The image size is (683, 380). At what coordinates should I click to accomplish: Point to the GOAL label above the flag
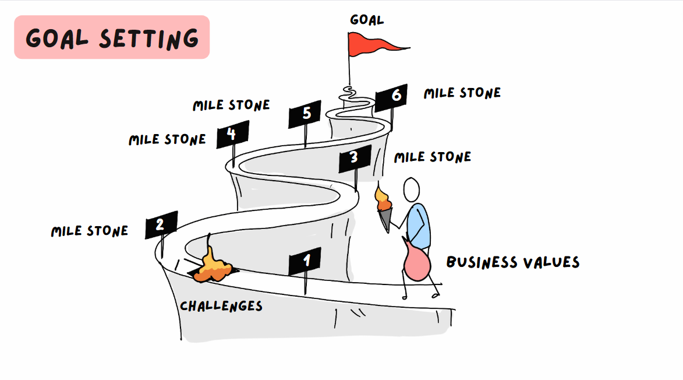(367, 20)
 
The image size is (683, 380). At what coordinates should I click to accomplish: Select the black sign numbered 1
(305, 262)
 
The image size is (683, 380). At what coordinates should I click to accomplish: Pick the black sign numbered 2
(161, 224)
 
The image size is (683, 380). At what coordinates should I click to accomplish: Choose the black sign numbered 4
(232, 135)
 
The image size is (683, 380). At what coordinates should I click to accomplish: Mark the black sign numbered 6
(391, 97)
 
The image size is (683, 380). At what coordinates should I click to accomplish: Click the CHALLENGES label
(221, 306)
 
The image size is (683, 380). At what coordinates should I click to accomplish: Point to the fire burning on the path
(213, 268)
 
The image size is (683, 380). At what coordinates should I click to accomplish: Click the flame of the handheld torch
(383, 199)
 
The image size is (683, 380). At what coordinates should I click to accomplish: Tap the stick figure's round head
(412, 189)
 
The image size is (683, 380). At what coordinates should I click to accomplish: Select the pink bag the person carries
(417, 262)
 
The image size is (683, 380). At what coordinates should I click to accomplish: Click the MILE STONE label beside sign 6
(462, 93)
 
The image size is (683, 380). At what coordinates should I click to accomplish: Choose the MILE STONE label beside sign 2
(89, 231)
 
